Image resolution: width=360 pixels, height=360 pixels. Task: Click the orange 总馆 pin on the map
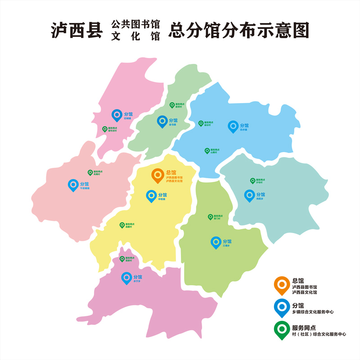157,175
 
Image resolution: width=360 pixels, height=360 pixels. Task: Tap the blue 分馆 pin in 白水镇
233,126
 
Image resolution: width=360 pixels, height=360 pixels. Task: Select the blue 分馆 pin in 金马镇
162,121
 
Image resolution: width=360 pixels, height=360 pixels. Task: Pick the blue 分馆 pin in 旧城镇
117,115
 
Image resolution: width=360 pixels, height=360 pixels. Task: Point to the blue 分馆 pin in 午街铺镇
73,184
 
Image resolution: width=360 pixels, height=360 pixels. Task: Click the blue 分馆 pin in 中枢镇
152,195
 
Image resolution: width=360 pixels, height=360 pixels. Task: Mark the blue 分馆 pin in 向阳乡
249,195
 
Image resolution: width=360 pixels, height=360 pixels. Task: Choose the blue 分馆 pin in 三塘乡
216,242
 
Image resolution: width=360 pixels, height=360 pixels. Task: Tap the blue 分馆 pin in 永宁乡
126,278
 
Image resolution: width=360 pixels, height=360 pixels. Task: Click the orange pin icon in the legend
282,285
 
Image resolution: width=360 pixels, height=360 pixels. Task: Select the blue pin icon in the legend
282,307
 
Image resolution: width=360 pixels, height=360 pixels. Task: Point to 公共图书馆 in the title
135,24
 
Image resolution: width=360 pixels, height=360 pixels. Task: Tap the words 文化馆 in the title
135,37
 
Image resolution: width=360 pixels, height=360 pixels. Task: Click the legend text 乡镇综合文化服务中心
313,312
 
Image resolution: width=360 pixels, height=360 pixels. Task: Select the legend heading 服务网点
304,327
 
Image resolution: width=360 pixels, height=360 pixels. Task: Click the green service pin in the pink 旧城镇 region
105,129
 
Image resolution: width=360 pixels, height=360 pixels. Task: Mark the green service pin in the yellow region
122,225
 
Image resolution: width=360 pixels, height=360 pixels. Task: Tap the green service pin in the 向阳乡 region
252,180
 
